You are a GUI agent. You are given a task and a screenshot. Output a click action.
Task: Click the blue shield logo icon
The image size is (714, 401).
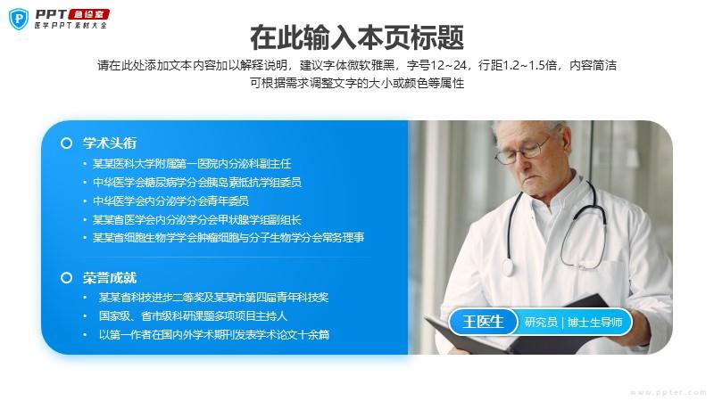coord(19,19)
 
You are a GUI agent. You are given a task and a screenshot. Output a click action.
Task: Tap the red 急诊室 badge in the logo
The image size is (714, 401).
coord(89,14)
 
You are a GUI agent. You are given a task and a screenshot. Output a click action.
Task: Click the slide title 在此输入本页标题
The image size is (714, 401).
coord(357,37)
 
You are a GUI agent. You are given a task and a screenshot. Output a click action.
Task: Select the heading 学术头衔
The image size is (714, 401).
coord(110,143)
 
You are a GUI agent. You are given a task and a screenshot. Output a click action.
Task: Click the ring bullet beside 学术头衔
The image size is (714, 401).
coord(66,143)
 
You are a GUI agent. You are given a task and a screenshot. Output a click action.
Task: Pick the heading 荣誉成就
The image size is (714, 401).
coord(110,277)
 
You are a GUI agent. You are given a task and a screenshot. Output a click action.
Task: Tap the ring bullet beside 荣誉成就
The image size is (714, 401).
coord(66,278)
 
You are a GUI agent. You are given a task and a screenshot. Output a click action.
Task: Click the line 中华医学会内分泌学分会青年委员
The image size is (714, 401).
coord(170,201)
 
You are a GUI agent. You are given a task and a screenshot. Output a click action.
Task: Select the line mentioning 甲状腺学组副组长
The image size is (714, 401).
coord(196,220)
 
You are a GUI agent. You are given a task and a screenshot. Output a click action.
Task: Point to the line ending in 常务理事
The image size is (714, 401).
coord(228,237)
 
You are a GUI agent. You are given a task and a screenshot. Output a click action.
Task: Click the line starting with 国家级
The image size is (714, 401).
coord(193,316)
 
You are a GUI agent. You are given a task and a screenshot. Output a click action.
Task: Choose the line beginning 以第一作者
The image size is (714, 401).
coord(214,335)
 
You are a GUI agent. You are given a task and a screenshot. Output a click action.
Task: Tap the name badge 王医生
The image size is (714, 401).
coord(483,322)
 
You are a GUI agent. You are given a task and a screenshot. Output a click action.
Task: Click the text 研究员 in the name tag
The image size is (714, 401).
coord(541,323)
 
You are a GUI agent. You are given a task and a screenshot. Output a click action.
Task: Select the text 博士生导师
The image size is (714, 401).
coord(594,323)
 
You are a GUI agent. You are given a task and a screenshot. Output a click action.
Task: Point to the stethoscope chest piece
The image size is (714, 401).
coord(508,266)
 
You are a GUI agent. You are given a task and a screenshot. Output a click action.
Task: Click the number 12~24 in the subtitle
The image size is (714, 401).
coord(448,65)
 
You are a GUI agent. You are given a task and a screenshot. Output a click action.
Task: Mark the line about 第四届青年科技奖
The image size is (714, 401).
coord(213,298)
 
